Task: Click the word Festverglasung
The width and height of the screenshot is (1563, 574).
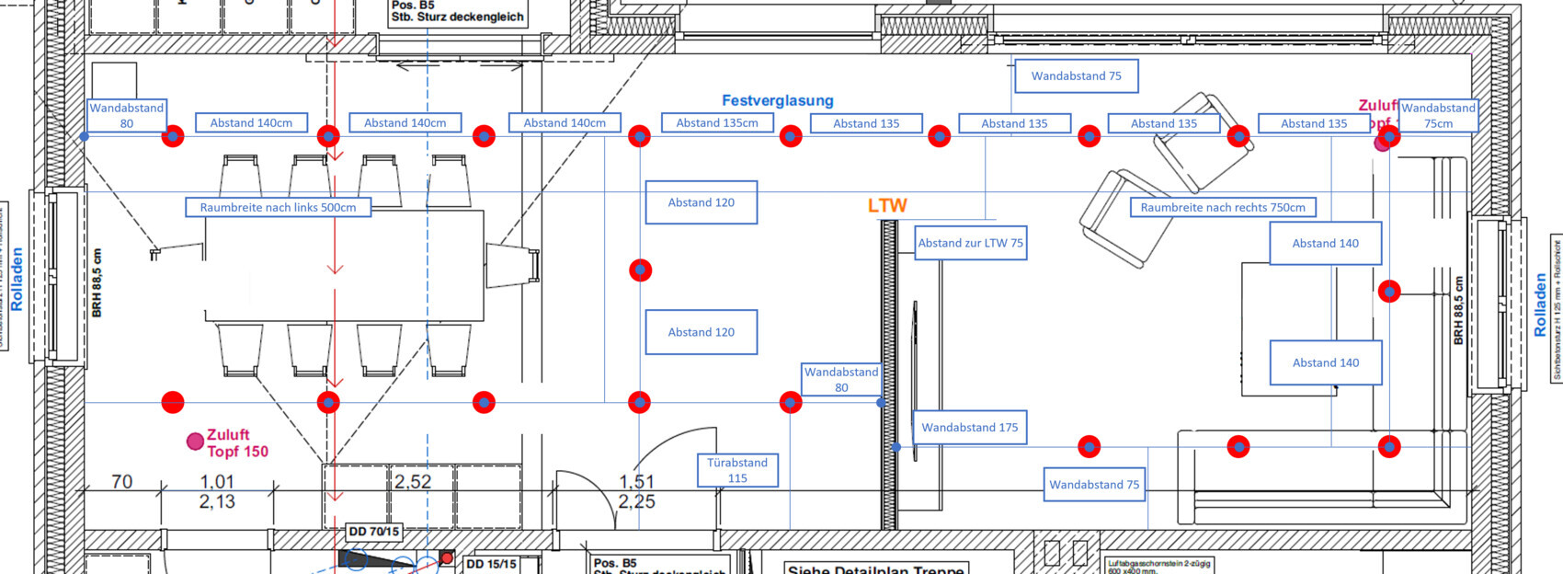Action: coord(777,100)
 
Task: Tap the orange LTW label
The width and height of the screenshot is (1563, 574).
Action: coord(887,206)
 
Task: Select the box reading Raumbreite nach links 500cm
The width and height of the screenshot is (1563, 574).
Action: coord(278,207)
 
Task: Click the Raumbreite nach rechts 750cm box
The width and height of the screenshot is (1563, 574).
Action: coord(1223,207)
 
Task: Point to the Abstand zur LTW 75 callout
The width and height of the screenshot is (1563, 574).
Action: coord(970,243)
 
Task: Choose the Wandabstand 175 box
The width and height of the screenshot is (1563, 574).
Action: coord(969,428)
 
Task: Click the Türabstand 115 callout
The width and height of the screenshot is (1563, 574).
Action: coord(737,470)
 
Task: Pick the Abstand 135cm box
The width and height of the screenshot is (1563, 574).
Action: coord(717,123)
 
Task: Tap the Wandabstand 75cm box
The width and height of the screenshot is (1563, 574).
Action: coord(1438,116)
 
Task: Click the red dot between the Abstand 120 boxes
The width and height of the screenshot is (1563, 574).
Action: coord(640,270)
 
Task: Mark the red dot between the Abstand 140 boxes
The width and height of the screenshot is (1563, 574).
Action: coord(1389,292)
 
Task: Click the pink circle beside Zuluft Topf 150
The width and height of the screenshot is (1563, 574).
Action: coord(195,442)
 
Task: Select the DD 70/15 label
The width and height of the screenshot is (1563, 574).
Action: coord(373,532)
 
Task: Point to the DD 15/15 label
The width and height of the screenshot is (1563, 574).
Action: coord(491,564)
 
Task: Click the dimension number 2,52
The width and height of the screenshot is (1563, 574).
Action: coord(413,481)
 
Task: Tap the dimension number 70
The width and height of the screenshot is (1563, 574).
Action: coord(121,481)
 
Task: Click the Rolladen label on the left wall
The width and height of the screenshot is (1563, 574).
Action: coord(17,278)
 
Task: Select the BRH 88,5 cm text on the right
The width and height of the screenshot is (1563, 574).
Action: coord(1459,311)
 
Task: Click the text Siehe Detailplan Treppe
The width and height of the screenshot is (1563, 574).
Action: coord(875,568)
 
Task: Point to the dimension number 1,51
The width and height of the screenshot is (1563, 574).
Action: coord(636,481)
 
